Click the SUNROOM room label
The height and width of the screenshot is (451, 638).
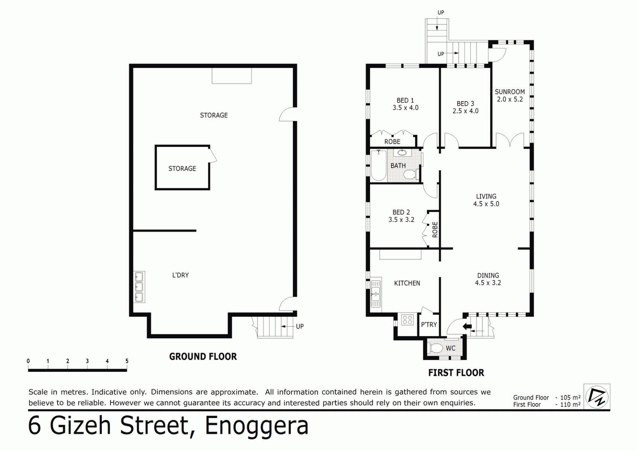coord(509,92)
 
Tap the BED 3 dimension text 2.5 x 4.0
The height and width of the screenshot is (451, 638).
coord(465,111)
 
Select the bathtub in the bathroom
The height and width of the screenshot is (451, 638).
coord(379,165)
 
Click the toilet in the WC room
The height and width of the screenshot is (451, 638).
coord(435,348)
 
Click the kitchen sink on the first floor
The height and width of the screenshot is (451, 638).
coord(376,294)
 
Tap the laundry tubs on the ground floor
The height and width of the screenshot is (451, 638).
coord(139,287)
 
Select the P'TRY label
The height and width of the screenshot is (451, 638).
coord(429,325)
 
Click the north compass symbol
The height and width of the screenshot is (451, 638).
coord(597,397)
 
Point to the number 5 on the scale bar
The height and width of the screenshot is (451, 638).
coord(127,361)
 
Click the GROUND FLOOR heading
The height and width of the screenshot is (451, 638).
coord(203,356)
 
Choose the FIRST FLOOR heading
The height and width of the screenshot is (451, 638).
coord(456,373)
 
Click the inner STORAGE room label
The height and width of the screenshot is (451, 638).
coord(182,168)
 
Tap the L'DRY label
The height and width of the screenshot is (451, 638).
coord(180,275)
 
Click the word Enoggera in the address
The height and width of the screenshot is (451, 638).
coord(257,426)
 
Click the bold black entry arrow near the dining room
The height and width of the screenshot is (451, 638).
coord(467,326)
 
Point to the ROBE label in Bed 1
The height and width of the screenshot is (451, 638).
coord(392,142)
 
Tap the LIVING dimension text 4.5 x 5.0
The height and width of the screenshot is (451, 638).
coord(486,204)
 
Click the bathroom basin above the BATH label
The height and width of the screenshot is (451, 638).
coord(402,153)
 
